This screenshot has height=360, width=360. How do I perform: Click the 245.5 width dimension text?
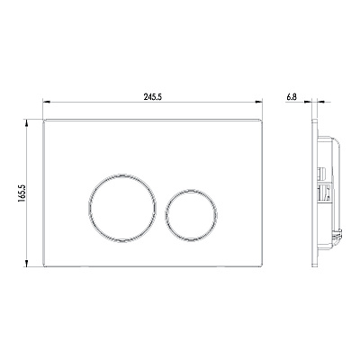(x=153, y=97)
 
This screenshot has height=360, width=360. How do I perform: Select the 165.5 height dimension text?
(x=22, y=193)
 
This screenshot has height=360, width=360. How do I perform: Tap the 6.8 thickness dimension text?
(x=292, y=97)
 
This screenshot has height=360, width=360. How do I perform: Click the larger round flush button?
(x=122, y=208)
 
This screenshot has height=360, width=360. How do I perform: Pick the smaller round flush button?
(x=191, y=215)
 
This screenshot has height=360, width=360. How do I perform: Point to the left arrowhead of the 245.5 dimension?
(x=46, y=102)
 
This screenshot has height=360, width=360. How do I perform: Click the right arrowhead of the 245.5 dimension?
(x=259, y=102)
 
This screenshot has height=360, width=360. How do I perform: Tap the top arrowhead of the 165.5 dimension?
(x=27, y=123)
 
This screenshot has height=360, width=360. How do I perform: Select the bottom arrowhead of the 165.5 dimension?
(x=27, y=263)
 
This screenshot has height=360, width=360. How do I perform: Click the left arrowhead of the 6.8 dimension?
(x=308, y=102)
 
